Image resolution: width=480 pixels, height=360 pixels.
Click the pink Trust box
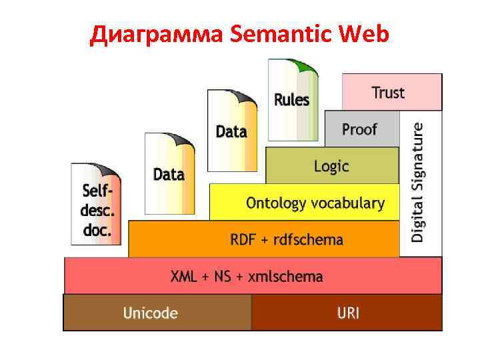click(391, 92)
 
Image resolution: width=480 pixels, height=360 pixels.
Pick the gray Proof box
click(360, 129)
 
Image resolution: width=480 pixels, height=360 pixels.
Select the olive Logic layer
click(331, 165)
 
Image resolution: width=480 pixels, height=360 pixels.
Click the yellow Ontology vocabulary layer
click(304, 203)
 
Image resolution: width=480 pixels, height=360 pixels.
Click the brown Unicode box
click(157, 312)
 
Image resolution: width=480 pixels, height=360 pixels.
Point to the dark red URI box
click(347, 312)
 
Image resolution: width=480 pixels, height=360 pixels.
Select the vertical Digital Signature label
click(418, 181)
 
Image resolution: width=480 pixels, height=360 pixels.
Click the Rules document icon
click(292, 100)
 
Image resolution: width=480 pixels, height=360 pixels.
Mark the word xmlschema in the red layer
click(285, 275)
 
